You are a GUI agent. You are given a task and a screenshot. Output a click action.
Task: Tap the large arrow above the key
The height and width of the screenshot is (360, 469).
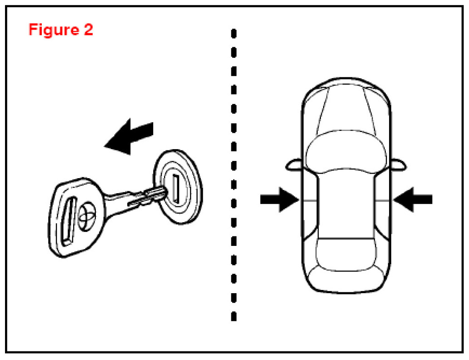pyautogui.click(x=130, y=135)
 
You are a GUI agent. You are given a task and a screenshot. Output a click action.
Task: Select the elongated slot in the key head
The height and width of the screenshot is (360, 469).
pyautogui.click(x=68, y=221)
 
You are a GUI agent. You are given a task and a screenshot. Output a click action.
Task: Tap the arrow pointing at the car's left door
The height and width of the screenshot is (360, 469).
pyautogui.click(x=279, y=200)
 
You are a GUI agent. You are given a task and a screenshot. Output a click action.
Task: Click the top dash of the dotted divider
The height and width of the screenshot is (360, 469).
pyautogui.click(x=234, y=34)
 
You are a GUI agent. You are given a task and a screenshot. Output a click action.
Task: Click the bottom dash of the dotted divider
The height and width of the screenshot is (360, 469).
pyautogui.click(x=234, y=315)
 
